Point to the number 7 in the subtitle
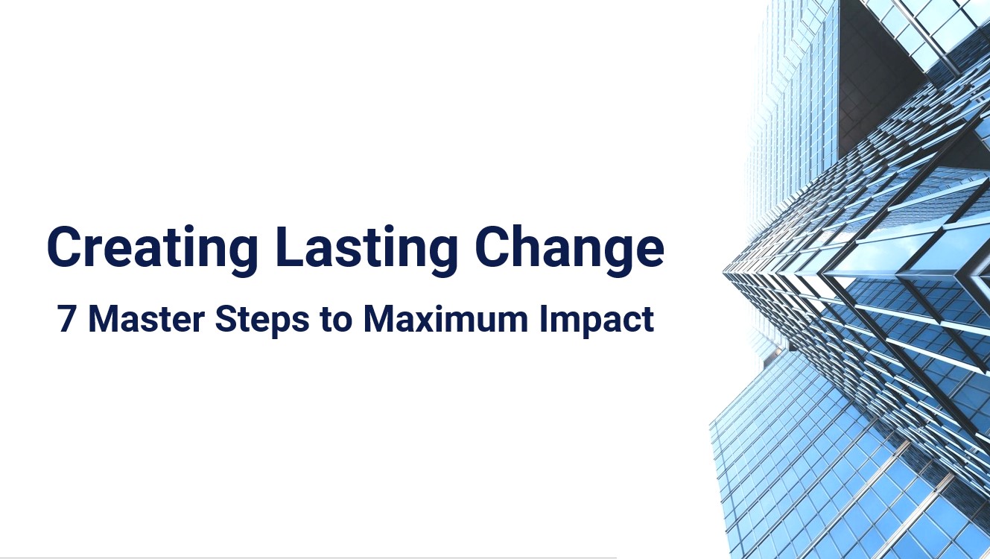[67, 318]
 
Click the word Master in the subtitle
[146, 318]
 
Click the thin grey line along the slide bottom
[308, 557]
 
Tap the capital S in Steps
[223, 318]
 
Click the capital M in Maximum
[380, 318]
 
